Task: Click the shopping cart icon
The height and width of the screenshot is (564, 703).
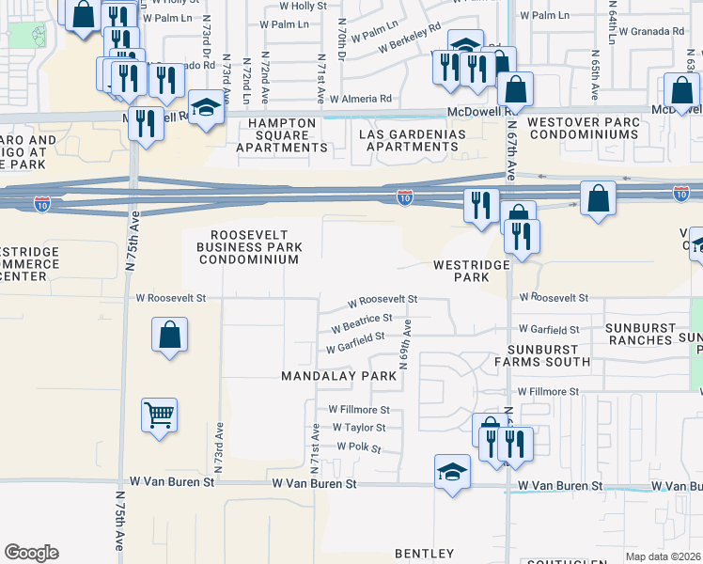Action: (x=159, y=415)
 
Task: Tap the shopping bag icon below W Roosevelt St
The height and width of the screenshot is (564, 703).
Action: (x=169, y=336)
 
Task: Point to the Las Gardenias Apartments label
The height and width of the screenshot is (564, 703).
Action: (x=413, y=140)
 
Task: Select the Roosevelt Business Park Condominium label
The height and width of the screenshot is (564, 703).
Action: (x=249, y=246)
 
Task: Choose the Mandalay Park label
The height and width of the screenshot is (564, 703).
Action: (x=339, y=375)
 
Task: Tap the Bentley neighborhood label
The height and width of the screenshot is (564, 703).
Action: (x=424, y=553)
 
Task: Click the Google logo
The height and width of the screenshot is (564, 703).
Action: (x=31, y=553)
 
